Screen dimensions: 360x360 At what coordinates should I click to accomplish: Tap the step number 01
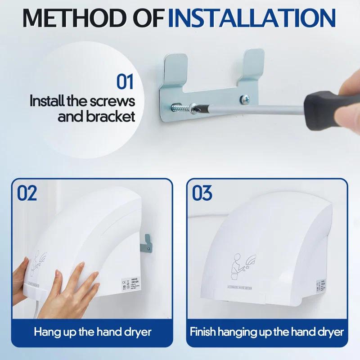[x=125, y=82]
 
